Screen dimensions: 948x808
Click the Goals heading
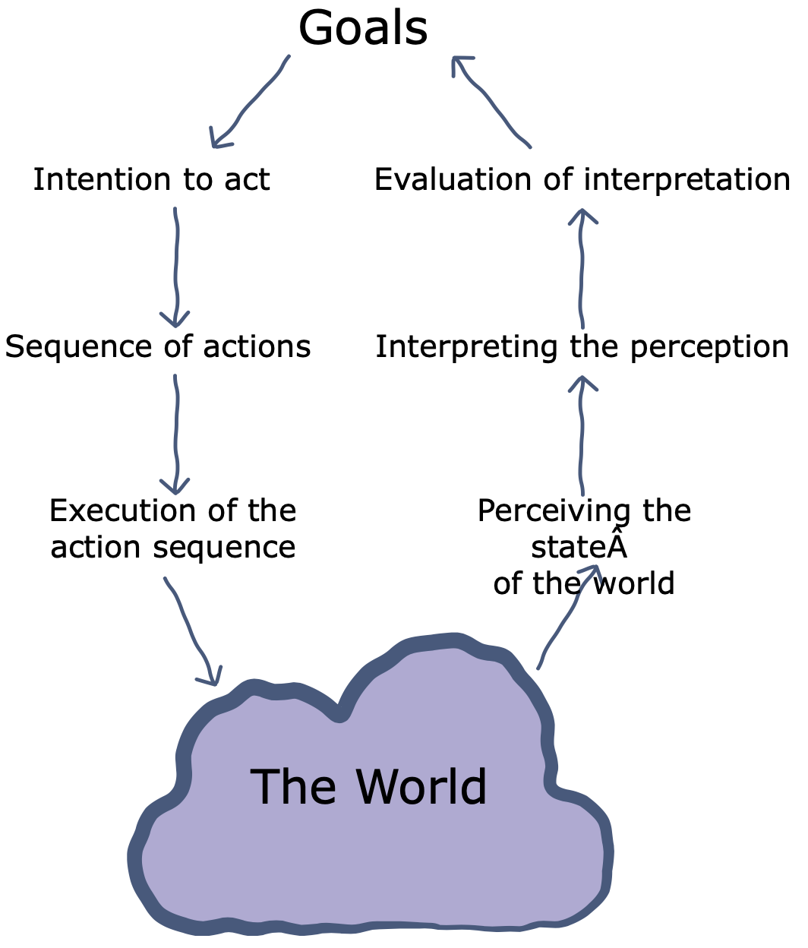pos(363,29)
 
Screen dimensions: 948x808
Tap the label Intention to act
pos(151,180)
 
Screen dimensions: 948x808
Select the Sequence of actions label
pos(158,346)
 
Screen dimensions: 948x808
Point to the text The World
pos(368,786)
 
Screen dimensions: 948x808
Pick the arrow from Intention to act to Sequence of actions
pos(176,266)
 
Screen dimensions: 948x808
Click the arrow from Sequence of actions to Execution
pos(176,433)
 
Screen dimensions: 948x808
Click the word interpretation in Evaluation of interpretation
pos(687,180)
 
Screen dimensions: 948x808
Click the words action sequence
pos(173,547)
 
